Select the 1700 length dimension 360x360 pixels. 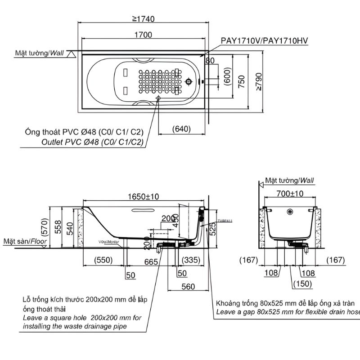click(x=142, y=35)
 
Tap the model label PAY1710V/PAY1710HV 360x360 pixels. click(x=264, y=40)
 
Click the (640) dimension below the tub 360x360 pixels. click(x=181, y=129)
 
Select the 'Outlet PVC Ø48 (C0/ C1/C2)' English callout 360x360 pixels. click(x=92, y=142)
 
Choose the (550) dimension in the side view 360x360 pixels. click(x=103, y=260)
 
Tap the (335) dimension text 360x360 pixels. click(x=191, y=260)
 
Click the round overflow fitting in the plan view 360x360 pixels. click(x=189, y=81)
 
